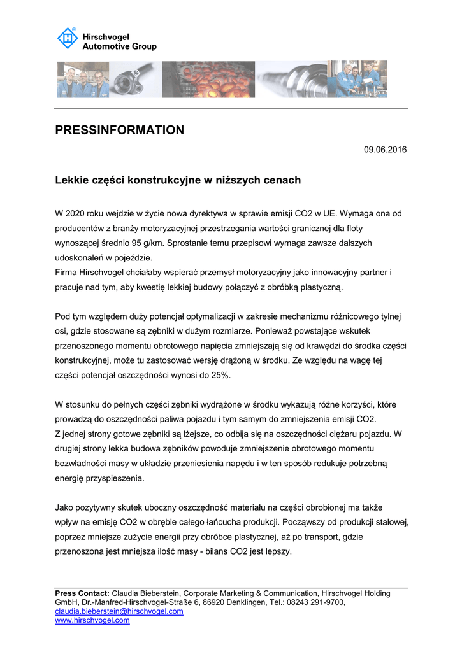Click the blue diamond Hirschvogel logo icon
click(68, 38)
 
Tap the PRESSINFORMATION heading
click(120, 131)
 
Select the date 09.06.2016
click(385, 150)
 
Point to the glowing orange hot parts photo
click(208, 80)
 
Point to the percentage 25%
click(219, 376)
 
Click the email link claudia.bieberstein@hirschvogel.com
click(119, 611)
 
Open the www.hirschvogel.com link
click(92, 620)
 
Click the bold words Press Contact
click(82, 593)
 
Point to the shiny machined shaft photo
click(291, 80)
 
